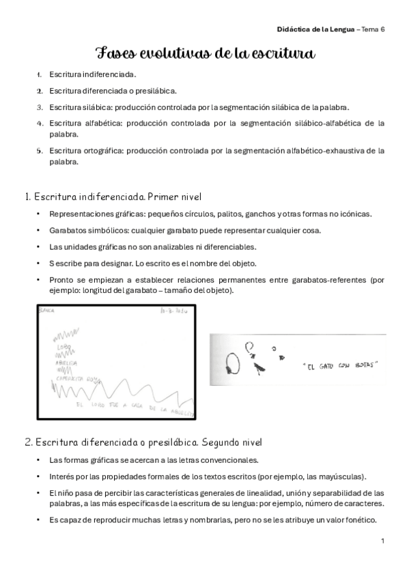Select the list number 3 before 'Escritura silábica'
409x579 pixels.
(x=40, y=107)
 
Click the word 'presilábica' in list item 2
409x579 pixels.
(x=156, y=90)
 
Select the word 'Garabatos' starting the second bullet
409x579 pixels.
(x=69, y=230)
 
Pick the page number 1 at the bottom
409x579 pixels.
(x=383, y=541)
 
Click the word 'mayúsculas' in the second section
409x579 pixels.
(x=341, y=476)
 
